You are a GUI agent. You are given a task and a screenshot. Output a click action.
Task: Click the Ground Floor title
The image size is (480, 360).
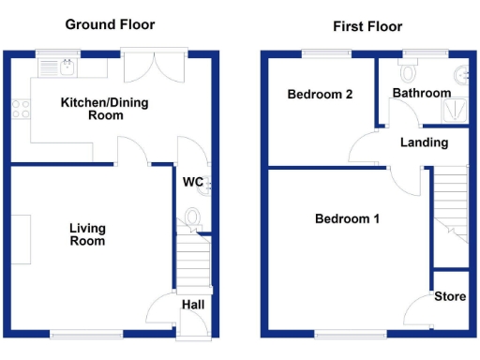(x=110, y=24)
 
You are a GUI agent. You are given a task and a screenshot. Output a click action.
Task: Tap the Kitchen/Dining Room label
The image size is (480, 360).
(x=92, y=108)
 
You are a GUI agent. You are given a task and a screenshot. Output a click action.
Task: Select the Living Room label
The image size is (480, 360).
(x=87, y=234)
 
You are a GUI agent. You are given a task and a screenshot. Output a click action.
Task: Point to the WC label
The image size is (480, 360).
(x=194, y=181)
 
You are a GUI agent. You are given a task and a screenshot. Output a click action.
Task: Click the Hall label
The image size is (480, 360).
(x=193, y=305)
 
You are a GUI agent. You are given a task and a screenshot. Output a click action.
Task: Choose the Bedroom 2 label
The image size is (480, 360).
(x=320, y=95)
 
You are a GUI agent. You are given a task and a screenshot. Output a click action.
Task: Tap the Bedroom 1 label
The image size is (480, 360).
(x=347, y=219)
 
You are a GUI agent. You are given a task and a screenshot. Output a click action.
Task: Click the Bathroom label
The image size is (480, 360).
(x=421, y=94)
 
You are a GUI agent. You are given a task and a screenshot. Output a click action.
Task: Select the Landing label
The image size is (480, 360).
(x=424, y=143)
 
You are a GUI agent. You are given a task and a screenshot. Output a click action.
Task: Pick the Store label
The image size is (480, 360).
(x=450, y=297)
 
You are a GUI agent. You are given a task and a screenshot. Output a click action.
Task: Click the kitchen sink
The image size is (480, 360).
(x=67, y=67)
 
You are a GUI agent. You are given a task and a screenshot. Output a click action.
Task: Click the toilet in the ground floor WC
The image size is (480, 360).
(x=193, y=219)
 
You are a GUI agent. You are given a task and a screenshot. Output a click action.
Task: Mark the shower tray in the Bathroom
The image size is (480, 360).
(x=457, y=110)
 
